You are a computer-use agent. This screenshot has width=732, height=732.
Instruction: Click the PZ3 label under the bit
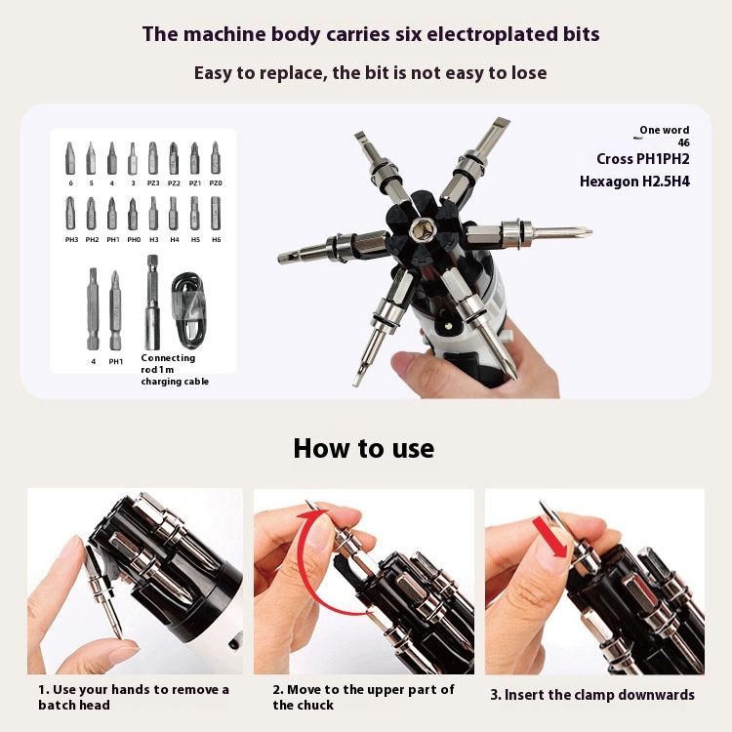[x=153, y=183]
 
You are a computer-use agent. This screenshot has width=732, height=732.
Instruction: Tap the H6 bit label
[x=216, y=239]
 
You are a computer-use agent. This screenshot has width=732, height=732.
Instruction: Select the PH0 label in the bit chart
[x=134, y=239]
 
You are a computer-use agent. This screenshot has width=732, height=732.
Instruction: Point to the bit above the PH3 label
[x=70, y=213]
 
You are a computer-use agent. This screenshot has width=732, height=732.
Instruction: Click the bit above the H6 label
[x=216, y=213]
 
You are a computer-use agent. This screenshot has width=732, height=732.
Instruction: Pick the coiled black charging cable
[x=188, y=311]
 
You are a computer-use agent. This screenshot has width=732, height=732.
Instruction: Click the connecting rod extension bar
[x=152, y=302]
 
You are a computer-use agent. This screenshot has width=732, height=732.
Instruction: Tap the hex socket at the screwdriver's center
[x=423, y=229]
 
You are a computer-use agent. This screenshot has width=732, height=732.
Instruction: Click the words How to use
[x=364, y=448]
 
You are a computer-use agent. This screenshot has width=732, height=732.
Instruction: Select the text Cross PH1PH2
[x=643, y=159]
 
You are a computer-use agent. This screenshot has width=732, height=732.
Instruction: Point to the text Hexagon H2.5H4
[x=634, y=182]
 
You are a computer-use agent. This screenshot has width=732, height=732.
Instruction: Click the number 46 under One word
[x=683, y=142]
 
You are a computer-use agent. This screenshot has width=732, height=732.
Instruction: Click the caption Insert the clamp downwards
[x=599, y=695]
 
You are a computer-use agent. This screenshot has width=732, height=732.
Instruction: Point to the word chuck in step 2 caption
[x=315, y=705]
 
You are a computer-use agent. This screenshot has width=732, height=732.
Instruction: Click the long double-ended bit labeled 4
[x=93, y=309]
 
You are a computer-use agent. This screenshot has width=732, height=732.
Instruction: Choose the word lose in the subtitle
[x=529, y=73]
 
